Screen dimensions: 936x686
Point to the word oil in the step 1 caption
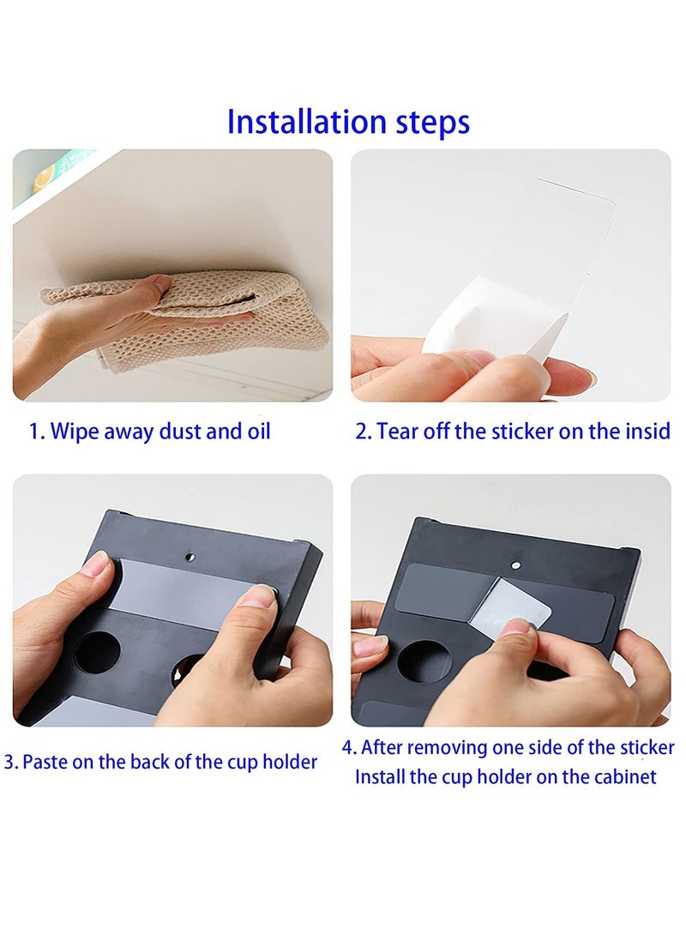click(x=256, y=431)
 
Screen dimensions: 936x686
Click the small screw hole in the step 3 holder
click(x=190, y=555)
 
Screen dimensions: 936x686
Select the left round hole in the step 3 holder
click(x=98, y=652)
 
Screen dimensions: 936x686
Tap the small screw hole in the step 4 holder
click(x=515, y=564)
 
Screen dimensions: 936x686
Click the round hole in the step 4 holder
click(x=424, y=660)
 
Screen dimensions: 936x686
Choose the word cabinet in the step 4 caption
click(x=624, y=777)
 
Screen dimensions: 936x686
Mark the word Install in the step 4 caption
click(x=379, y=777)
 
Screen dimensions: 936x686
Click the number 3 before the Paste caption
click(x=9, y=762)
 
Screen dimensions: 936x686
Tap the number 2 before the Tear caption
click(x=362, y=431)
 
